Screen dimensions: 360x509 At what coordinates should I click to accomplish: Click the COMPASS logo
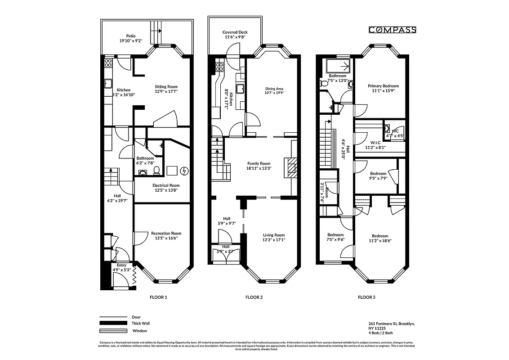pos(392,30)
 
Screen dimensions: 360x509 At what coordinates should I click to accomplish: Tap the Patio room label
pos(130,36)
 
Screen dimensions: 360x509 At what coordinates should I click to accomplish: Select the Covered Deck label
pos(235,32)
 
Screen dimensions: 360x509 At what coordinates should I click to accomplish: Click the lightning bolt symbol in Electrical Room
pos(184,171)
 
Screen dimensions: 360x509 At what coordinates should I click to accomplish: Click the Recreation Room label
pos(166,233)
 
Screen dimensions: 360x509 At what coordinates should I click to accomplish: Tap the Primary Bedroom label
pos(383,86)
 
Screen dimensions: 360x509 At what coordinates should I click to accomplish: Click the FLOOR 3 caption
pos(366,297)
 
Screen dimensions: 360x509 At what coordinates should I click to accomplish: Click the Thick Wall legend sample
pos(110,324)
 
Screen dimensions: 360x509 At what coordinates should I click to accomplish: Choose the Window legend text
pos(139,331)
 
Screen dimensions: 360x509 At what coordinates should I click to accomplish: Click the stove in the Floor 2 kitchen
pos(219,67)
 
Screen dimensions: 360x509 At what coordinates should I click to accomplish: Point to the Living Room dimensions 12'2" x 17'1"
pos(274,240)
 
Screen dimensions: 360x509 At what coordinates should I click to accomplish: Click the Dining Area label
pos(274,89)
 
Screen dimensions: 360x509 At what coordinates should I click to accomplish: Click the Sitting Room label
pos(166,86)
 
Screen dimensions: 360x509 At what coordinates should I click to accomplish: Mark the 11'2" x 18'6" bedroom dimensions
pos(380,241)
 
